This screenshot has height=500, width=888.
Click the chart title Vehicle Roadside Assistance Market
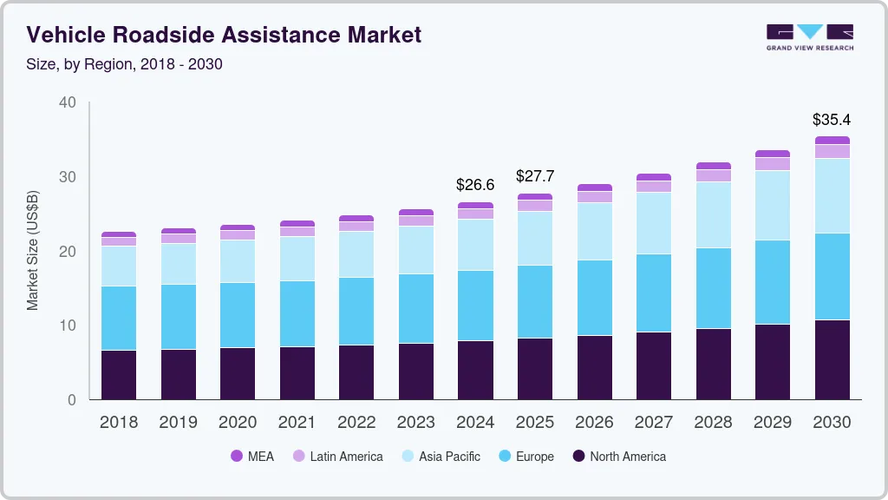(x=224, y=35)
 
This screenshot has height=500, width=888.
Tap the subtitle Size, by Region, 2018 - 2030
(x=125, y=64)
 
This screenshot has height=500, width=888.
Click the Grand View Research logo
(x=809, y=36)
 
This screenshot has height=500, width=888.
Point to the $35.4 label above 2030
(x=832, y=119)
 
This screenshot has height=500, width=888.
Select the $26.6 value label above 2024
(x=475, y=185)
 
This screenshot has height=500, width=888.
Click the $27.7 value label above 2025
(x=535, y=176)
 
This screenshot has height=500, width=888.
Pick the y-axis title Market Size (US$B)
(x=33, y=251)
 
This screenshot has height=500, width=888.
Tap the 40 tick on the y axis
(x=68, y=102)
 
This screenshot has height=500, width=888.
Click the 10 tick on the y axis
(x=68, y=326)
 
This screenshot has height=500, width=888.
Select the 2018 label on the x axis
(x=119, y=423)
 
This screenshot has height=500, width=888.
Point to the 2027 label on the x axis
(x=654, y=423)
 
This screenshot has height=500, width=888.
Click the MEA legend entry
(x=252, y=457)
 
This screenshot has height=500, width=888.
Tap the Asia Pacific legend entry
(x=440, y=457)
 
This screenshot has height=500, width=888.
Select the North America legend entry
(x=618, y=457)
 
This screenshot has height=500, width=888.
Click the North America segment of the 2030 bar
(x=832, y=359)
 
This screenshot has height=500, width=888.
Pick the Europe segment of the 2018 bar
(x=119, y=318)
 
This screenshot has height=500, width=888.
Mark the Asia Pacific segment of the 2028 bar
(x=713, y=214)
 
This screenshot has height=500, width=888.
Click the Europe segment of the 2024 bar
(x=475, y=306)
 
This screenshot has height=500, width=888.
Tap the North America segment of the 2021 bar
(x=297, y=373)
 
